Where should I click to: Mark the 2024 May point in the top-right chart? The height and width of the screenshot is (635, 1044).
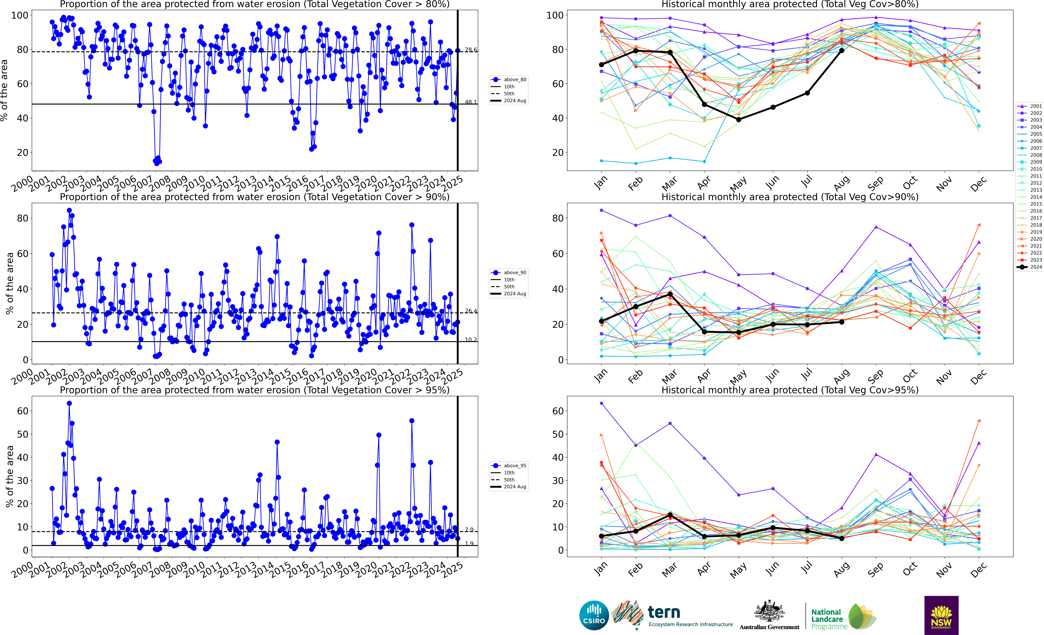click(738, 120)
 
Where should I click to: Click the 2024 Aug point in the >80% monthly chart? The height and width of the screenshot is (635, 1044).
click(842, 50)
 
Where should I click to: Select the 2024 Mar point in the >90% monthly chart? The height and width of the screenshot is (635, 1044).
click(670, 294)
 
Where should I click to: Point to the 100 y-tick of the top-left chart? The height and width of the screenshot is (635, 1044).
click(19, 15)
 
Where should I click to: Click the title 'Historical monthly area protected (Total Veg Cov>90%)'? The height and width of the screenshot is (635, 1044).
click(790, 197)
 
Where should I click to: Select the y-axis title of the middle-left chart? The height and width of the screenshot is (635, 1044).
click(9, 283)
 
